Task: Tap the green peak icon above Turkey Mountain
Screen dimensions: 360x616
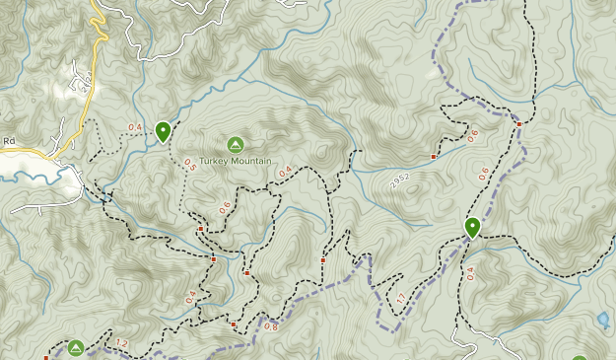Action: [236, 144]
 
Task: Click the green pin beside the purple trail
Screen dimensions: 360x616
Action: [473, 227]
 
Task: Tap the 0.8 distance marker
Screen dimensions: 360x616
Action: [271, 326]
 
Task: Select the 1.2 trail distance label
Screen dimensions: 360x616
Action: [122, 343]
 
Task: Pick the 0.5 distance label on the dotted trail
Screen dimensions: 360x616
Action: [189, 166]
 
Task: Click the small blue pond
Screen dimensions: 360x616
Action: [603, 320]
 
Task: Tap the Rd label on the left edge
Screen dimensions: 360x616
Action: [8, 141]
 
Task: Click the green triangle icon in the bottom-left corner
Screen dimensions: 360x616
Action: [76, 347]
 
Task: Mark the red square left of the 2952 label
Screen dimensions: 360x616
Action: [434, 157]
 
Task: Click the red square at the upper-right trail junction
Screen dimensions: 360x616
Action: [519, 124]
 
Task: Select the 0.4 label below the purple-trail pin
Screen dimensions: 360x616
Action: [469, 273]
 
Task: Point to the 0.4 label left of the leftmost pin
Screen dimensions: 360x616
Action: [135, 127]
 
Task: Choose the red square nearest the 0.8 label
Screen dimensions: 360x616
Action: [234, 324]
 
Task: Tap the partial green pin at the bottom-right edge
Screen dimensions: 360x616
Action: [580, 357]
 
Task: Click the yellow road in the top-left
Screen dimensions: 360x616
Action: [99, 30]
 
